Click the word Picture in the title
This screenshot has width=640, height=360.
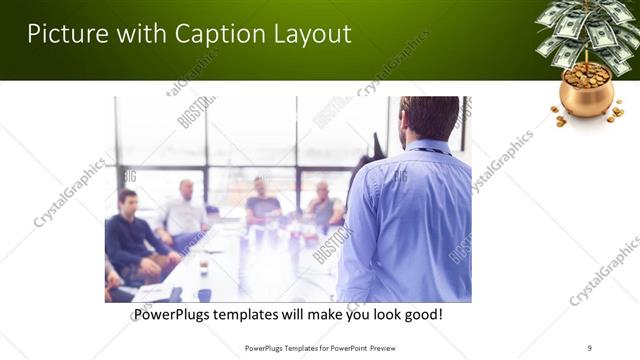66,34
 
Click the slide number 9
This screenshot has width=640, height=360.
590,347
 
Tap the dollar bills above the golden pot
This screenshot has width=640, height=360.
585,30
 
